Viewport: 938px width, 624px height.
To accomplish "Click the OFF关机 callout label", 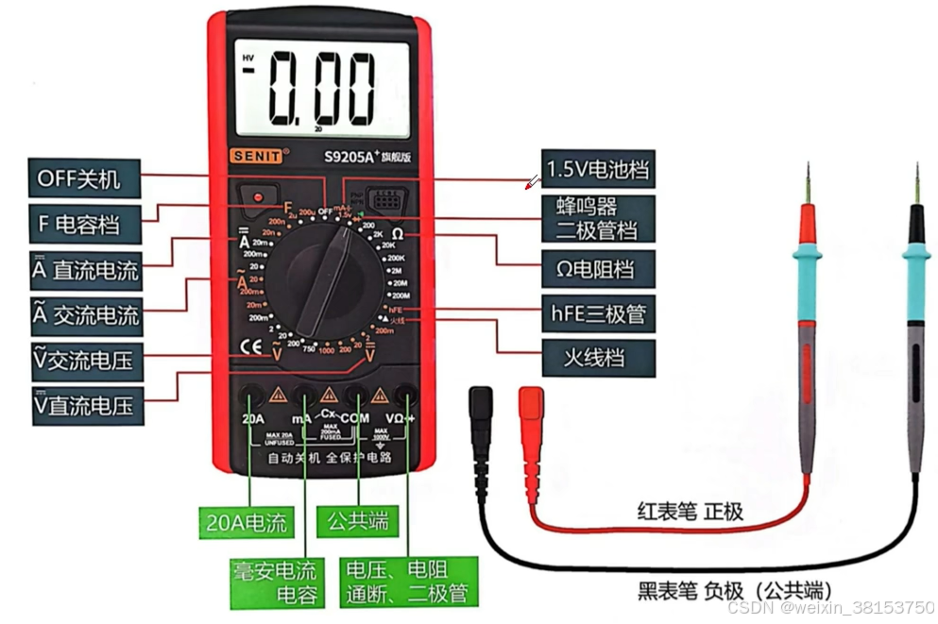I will pyautogui.click(x=86, y=178).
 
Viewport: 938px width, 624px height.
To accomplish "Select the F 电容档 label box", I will pyautogui.click(x=86, y=225).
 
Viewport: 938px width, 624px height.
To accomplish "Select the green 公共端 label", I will pyautogui.click(x=358, y=521).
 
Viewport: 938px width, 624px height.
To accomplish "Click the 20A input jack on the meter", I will pyautogui.click(x=251, y=396).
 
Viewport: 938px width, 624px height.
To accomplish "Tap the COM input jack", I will pyautogui.click(x=356, y=396).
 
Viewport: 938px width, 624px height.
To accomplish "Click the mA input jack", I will pyautogui.click(x=304, y=396).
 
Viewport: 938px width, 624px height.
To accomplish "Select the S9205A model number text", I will pyautogui.click(x=350, y=157).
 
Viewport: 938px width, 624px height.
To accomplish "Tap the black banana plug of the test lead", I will pyautogui.click(x=481, y=407).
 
